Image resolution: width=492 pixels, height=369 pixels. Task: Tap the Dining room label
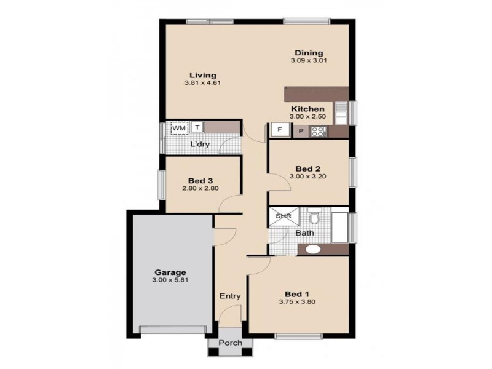tap(308, 53)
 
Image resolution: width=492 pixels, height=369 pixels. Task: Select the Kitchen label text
tap(307, 109)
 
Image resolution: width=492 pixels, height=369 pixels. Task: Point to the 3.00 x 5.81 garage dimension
tap(170, 280)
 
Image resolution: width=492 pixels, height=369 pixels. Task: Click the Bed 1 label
tap(298, 293)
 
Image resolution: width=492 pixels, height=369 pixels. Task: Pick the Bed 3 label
tap(200, 180)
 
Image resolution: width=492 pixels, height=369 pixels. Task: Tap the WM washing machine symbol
tap(179, 127)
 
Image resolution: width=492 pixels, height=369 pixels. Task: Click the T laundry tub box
tap(197, 127)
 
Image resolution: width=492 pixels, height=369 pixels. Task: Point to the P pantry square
tap(301, 131)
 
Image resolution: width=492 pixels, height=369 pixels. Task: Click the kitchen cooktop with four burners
tap(319, 130)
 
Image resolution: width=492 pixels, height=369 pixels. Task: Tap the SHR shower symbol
tap(282, 216)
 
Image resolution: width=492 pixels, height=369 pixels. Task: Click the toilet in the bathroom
tap(315, 218)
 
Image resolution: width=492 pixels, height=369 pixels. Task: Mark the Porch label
tap(231, 343)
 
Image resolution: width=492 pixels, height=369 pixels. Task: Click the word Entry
tap(230, 296)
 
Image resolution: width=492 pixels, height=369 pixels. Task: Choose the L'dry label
tap(200, 145)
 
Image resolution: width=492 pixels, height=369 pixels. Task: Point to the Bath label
tap(304, 233)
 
